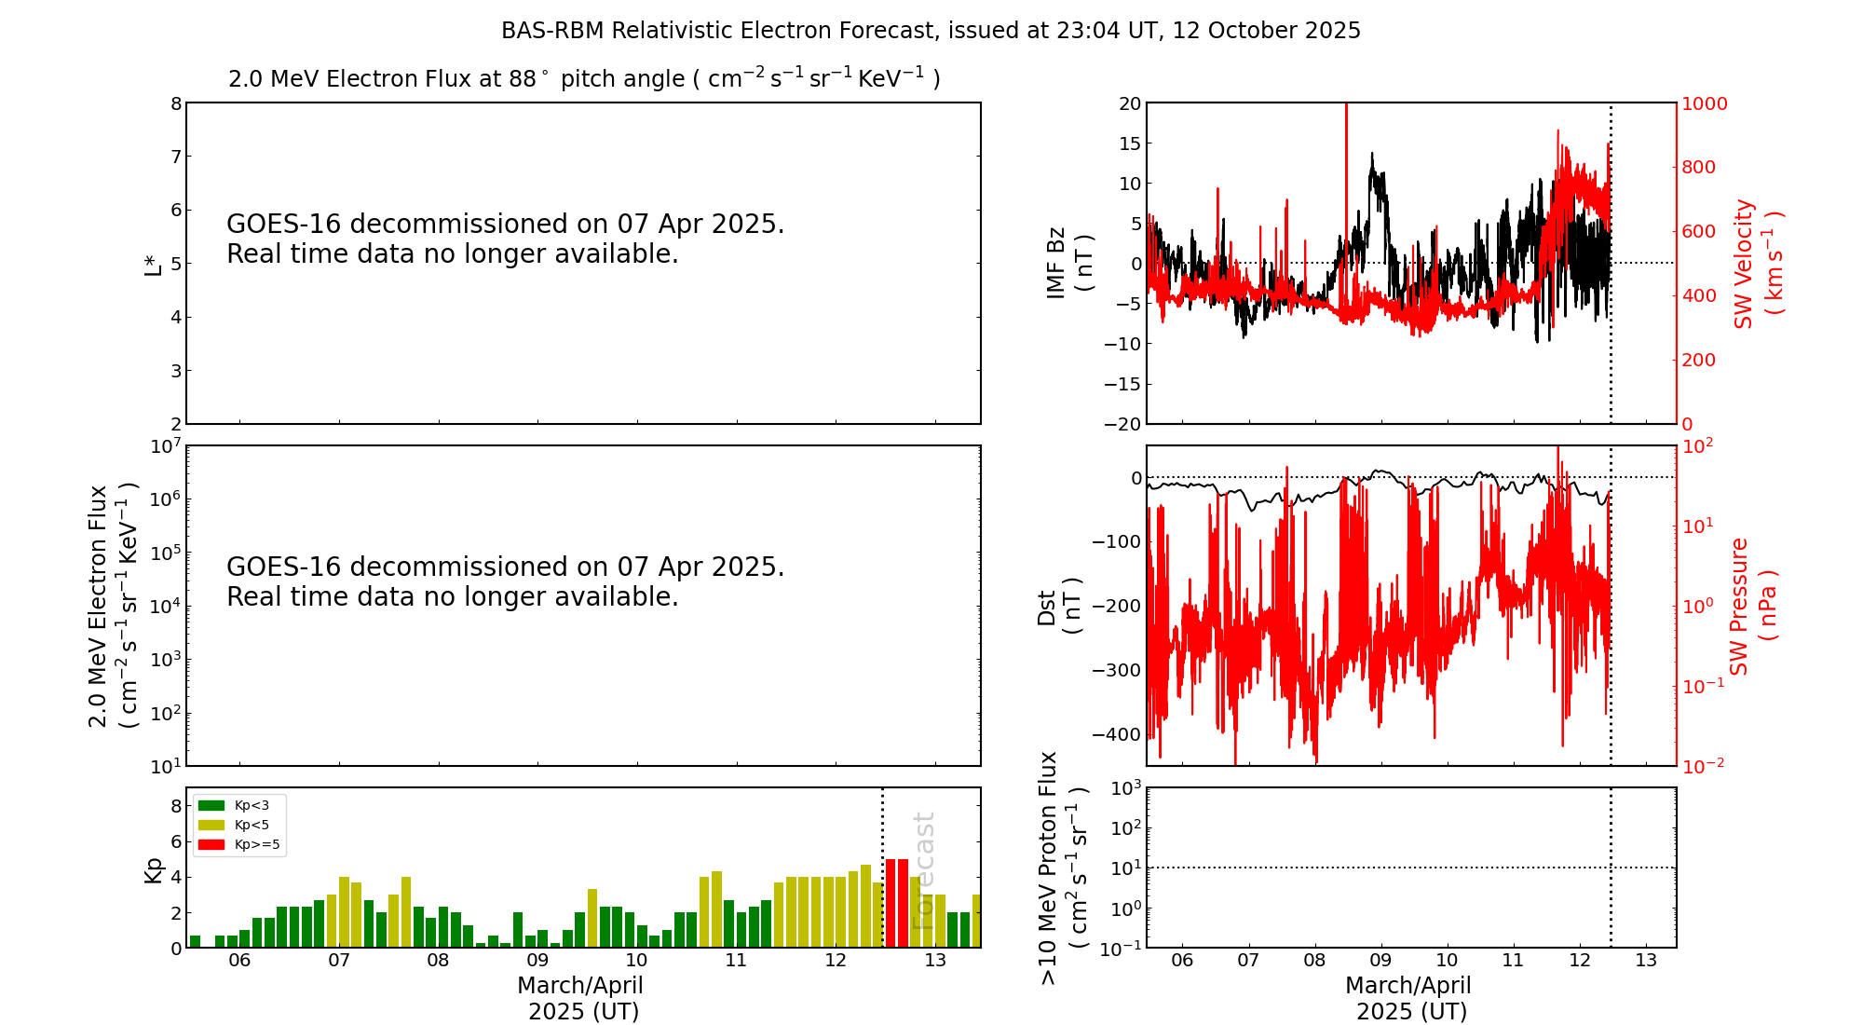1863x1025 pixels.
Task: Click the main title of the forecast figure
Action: pyautogui.click(x=931, y=31)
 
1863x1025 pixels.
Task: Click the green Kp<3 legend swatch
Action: pyautogui.click(x=211, y=805)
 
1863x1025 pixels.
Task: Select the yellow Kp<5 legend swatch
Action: pyautogui.click(x=211, y=825)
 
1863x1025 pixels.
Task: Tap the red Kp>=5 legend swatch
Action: pyautogui.click(x=211, y=845)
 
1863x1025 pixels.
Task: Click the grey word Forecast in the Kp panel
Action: pyautogui.click(x=922, y=870)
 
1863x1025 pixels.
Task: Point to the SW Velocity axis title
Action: pyautogui.click(x=1756, y=263)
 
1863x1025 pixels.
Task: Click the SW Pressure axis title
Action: pyautogui.click(x=1751, y=606)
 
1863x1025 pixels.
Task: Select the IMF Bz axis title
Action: pyautogui.click(x=1067, y=263)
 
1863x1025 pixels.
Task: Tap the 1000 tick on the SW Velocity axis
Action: pyautogui.click(x=1703, y=103)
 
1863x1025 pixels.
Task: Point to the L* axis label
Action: pyautogui.click(x=153, y=264)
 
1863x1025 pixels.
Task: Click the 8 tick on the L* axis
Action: pyautogui.click(x=175, y=103)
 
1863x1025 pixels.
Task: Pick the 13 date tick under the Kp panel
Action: pyautogui.click(x=934, y=961)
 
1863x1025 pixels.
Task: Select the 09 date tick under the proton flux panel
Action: pyautogui.click(x=1380, y=961)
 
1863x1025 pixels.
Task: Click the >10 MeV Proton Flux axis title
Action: pyautogui.click(x=1062, y=868)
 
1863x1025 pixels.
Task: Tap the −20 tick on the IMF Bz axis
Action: pyautogui.click(x=1122, y=424)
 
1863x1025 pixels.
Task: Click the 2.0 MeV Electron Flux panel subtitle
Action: pyautogui.click(x=584, y=78)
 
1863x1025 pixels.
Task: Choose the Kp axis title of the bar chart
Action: pyautogui.click(x=153, y=869)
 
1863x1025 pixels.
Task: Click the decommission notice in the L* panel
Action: pyautogui.click(x=505, y=239)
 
